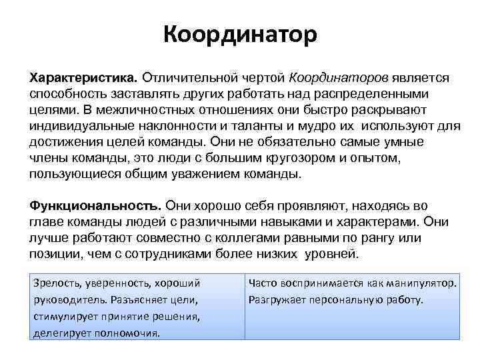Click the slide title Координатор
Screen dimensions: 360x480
[x=240, y=33]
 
